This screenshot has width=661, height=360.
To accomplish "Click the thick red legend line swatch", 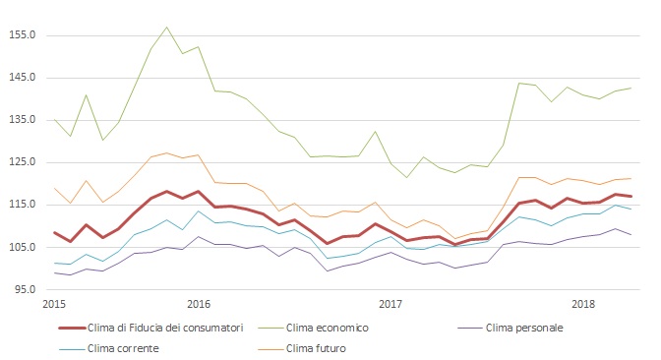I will click(58, 327).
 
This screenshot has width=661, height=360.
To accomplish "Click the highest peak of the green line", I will click(166, 27).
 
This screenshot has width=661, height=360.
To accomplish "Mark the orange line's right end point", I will click(631, 179).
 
